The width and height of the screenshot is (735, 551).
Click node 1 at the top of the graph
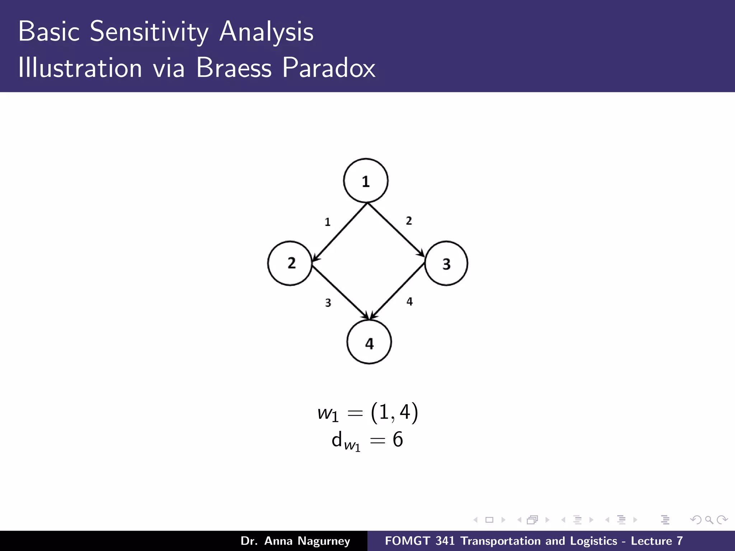click(x=366, y=181)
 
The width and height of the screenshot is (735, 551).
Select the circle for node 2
click(x=290, y=263)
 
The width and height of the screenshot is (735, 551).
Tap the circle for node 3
click(x=446, y=264)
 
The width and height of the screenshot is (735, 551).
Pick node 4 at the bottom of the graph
click(x=369, y=342)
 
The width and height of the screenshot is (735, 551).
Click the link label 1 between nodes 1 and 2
click(x=327, y=222)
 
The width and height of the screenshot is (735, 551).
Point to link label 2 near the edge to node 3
click(x=409, y=221)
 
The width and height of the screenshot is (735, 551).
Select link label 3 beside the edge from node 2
click(x=328, y=303)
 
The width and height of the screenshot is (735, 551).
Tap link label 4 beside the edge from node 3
click(x=409, y=301)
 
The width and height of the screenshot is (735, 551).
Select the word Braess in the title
click(x=234, y=67)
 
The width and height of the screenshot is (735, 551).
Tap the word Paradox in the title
click(x=328, y=67)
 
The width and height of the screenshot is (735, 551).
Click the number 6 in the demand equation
click(x=398, y=439)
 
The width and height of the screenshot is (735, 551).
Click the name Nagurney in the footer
click(x=324, y=541)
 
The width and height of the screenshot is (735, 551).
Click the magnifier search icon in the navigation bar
click(x=709, y=520)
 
